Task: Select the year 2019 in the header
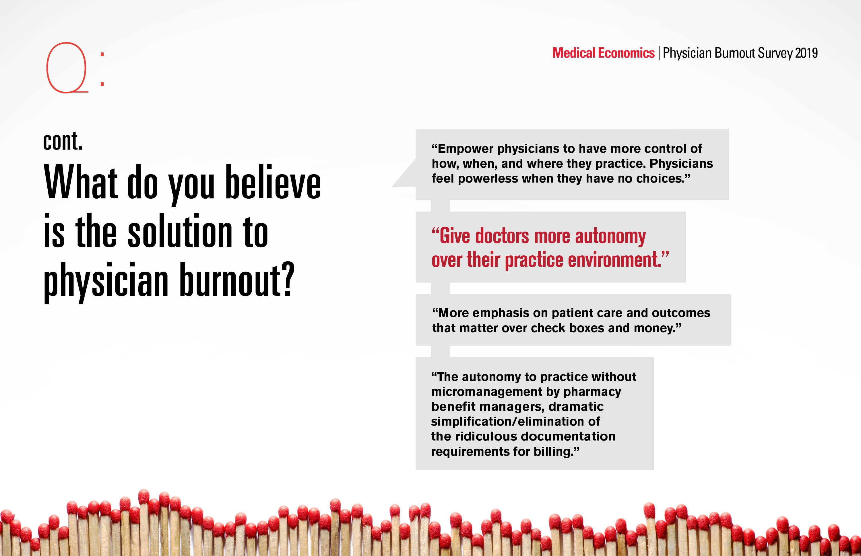(806, 53)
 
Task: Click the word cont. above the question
(63, 141)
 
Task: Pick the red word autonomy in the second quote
(610, 236)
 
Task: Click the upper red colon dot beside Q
(102, 54)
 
